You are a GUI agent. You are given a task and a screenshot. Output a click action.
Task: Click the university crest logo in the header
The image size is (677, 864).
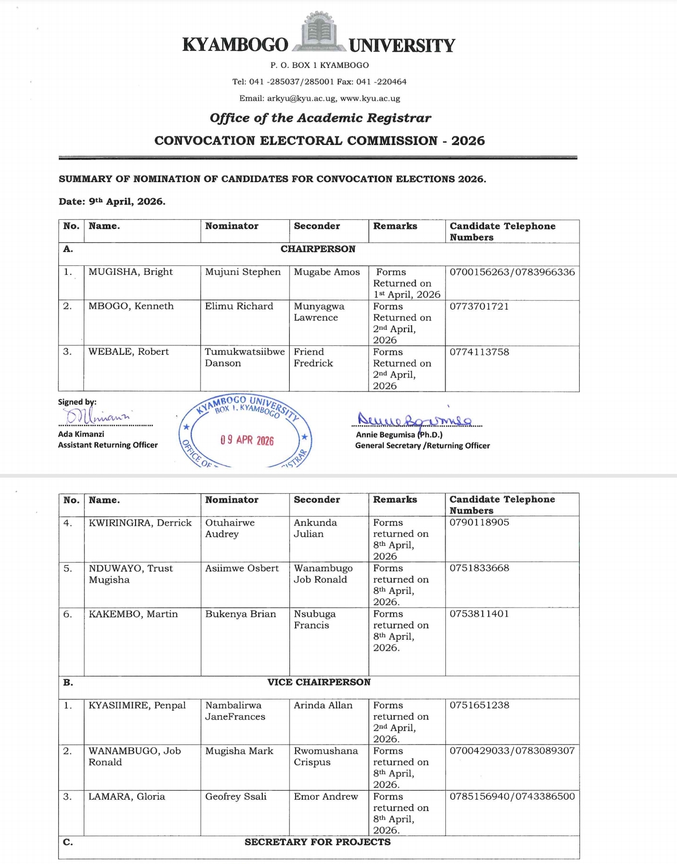point(319,32)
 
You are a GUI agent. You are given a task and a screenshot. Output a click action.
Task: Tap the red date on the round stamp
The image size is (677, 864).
point(247,440)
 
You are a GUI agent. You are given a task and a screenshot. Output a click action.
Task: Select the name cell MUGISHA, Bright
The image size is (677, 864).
point(130,272)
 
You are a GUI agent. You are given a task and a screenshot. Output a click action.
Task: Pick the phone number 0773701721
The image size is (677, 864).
point(479,306)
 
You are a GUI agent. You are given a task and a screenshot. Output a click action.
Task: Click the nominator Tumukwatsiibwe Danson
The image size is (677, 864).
point(244,357)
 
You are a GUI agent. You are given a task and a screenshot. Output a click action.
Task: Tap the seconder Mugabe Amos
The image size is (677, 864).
point(327,272)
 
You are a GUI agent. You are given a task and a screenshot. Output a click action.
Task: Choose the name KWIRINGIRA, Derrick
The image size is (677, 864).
point(140,523)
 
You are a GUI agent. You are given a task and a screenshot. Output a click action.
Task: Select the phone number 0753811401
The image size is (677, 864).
point(479,614)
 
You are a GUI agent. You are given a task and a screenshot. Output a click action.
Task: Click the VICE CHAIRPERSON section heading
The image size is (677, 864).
point(319,682)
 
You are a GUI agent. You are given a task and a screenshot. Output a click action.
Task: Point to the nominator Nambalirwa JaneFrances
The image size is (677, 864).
point(235,711)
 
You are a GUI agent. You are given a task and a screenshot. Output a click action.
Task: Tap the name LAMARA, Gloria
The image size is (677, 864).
point(127,796)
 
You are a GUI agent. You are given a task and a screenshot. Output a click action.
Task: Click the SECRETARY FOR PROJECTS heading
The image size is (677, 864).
point(317,842)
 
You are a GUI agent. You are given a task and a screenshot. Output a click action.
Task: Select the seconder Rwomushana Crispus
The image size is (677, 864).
point(326,756)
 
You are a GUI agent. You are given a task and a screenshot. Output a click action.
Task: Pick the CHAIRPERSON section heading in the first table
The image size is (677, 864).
point(318,249)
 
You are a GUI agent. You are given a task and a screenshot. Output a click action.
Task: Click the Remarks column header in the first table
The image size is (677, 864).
point(395,226)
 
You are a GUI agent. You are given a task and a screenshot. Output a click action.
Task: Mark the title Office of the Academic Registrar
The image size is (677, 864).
point(320,118)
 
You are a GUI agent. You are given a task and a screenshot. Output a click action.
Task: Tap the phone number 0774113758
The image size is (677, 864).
point(479,352)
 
